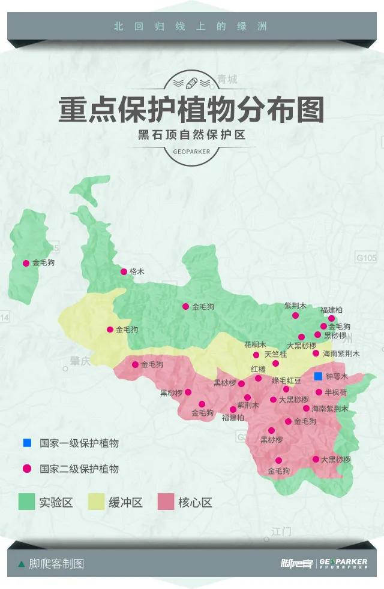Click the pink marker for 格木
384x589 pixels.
coord(124,271)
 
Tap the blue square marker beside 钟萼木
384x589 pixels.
coord(318,376)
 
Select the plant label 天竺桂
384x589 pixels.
coord(275,354)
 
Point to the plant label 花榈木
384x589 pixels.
coord(255,345)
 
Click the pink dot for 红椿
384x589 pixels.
coord(258,378)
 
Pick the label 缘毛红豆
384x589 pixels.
coord(286,380)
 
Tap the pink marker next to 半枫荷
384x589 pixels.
coord(319,392)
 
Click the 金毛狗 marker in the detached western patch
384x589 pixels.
coord(26,263)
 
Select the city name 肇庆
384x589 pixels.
coord(76,361)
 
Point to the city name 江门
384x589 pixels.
coord(280,531)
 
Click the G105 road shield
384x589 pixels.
coord(366,258)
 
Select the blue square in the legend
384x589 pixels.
coord(27,443)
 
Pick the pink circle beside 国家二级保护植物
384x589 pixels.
coord(27,469)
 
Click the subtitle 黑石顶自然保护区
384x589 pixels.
coord(191,135)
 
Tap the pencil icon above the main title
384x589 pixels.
coord(191,81)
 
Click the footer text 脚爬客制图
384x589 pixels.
coord(56,564)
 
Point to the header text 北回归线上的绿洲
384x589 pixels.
coord(190,26)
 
